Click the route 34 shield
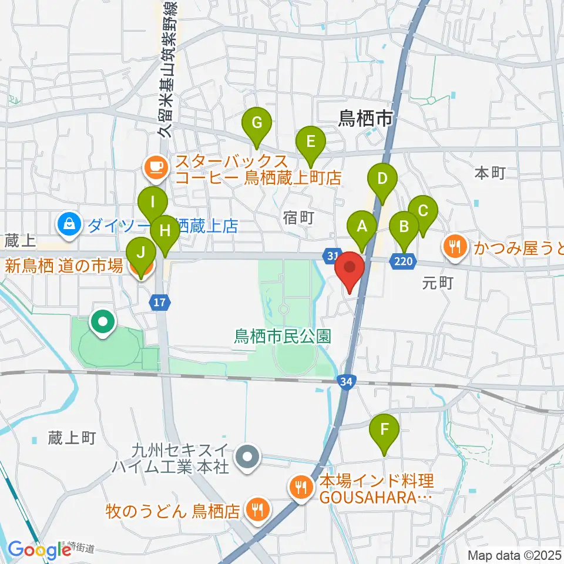(347, 382)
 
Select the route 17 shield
(159, 303)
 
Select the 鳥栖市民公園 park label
(283, 337)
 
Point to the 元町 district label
(438, 284)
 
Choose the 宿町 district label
(299, 219)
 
